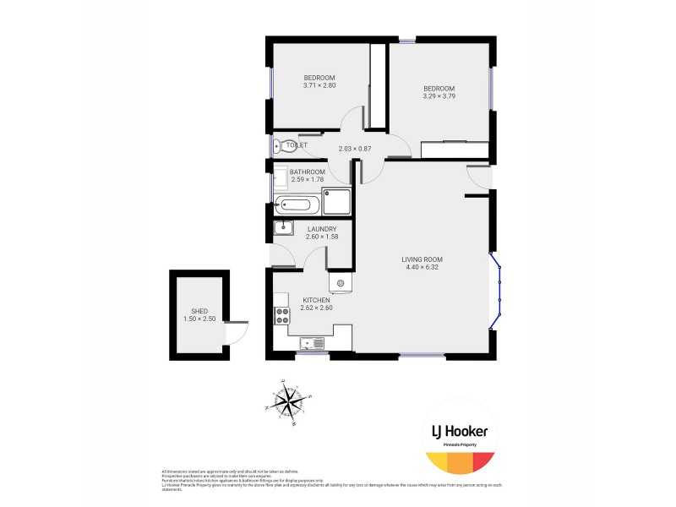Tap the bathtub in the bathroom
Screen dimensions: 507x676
click(297, 204)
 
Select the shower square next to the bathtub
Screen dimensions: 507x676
click(336, 201)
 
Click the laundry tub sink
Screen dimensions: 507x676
click(282, 227)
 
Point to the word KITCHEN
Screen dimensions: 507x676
click(316, 300)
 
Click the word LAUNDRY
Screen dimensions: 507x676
click(322, 229)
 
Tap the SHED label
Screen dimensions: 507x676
click(199, 311)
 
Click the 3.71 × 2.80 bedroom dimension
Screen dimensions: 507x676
click(319, 85)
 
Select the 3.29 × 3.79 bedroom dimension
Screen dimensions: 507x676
click(439, 96)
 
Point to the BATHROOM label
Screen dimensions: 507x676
click(307, 172)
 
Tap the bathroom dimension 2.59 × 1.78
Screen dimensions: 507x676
click(307, 179)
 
